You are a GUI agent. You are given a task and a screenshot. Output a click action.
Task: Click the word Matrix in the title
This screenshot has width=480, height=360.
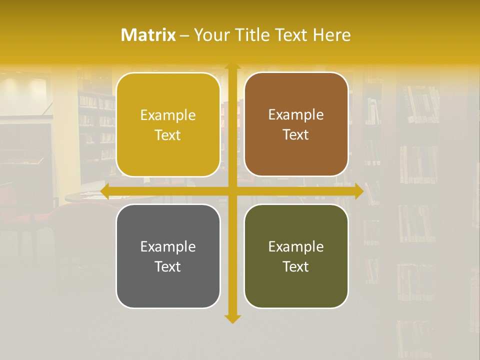[x=148, y=35]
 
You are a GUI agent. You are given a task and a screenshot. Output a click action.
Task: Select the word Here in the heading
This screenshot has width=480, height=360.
[x=331, y=35]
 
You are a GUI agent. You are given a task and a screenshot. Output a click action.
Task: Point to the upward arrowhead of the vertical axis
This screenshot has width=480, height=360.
[x=232, y=66]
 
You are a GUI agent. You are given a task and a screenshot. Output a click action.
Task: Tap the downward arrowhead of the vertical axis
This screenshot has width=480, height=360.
[x=232, y=318]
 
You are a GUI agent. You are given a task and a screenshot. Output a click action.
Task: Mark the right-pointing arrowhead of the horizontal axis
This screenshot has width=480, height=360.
[x=359, y=191]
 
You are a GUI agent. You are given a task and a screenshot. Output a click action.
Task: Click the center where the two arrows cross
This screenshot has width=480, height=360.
[x=232, y=191]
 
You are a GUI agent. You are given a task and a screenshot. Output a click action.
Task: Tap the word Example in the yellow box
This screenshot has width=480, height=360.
[x=168, y=115]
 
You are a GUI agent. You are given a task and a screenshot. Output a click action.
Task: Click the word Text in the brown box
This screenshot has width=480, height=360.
[x=296, y=135]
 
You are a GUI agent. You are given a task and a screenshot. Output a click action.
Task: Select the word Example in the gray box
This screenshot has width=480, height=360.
[x=168, y=246]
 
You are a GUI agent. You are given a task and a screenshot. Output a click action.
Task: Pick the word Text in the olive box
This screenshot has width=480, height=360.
[x=296, y=266]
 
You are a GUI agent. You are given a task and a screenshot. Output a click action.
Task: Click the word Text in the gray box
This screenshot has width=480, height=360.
[x=168, y=266]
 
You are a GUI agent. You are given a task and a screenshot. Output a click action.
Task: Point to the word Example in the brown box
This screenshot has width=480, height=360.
[x=296, y=115]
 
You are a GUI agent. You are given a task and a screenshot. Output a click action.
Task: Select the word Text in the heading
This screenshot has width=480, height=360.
[x=292, y=35]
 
